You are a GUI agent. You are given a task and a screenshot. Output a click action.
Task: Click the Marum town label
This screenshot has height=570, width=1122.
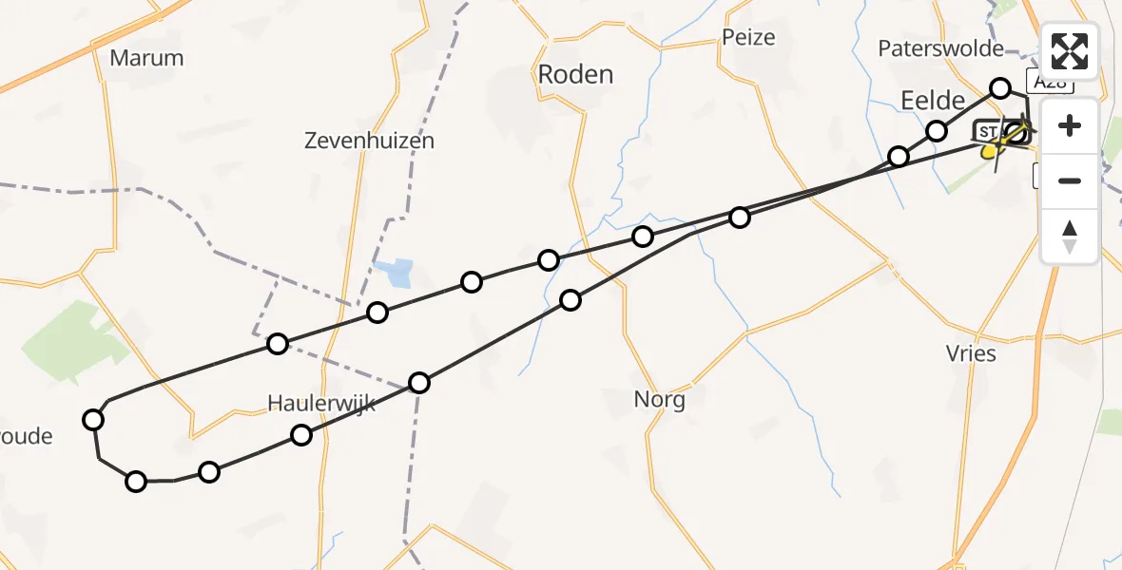click(146, 58)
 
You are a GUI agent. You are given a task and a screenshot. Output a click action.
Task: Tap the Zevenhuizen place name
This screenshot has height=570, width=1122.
click(369, 142)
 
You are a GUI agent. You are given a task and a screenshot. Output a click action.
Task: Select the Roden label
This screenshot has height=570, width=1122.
click(576, 74)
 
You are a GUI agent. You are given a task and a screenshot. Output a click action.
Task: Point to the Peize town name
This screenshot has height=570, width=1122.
click(748, 38)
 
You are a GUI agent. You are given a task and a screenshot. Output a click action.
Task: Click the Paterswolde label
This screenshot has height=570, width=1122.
click(941, 48)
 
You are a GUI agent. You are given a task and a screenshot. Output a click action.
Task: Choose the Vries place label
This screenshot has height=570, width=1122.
click(971, 354)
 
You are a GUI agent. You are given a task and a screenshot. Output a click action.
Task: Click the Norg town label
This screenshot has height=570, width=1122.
click(659, 400)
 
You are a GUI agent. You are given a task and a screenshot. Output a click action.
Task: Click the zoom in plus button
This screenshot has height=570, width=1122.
click(1070, 125)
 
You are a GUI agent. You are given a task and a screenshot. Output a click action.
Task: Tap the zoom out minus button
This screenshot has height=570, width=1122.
click(1070, 180)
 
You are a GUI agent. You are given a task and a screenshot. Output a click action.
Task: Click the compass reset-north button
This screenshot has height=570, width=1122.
click(1070, 236)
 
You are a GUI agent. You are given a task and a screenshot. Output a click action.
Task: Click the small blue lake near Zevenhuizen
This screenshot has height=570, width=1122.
click(394, 274)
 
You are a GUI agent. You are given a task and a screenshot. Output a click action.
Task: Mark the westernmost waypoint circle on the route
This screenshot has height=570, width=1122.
click(93, 420)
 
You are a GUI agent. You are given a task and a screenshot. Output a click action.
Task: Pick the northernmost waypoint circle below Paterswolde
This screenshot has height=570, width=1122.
click(1000, 88)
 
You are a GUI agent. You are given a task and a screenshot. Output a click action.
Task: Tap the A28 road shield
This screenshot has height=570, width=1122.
click(1050, 82)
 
